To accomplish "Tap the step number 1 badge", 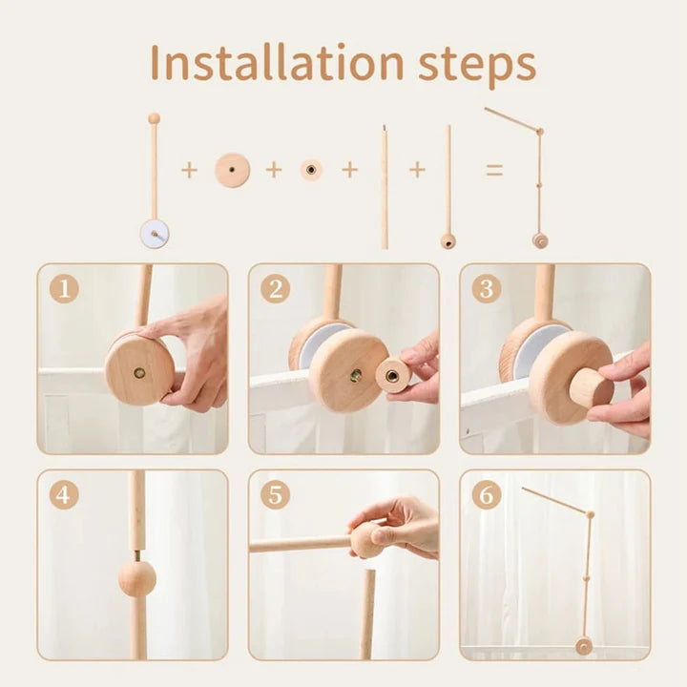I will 64,288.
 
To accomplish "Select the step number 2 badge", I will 275,288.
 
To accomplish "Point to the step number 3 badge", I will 486,288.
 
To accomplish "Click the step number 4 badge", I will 64,495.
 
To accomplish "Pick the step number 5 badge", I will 275,495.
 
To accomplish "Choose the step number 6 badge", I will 486,495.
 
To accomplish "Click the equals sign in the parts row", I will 494,171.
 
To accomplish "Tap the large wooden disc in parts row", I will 232,171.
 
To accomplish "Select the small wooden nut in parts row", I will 311,171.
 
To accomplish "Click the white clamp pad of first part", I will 154,233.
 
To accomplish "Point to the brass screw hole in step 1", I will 139,372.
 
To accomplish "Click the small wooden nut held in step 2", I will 392,374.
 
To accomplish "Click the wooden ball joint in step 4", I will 136,578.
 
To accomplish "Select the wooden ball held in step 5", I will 366,540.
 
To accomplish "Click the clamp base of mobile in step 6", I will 583,646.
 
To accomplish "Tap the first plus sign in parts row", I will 189,171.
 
